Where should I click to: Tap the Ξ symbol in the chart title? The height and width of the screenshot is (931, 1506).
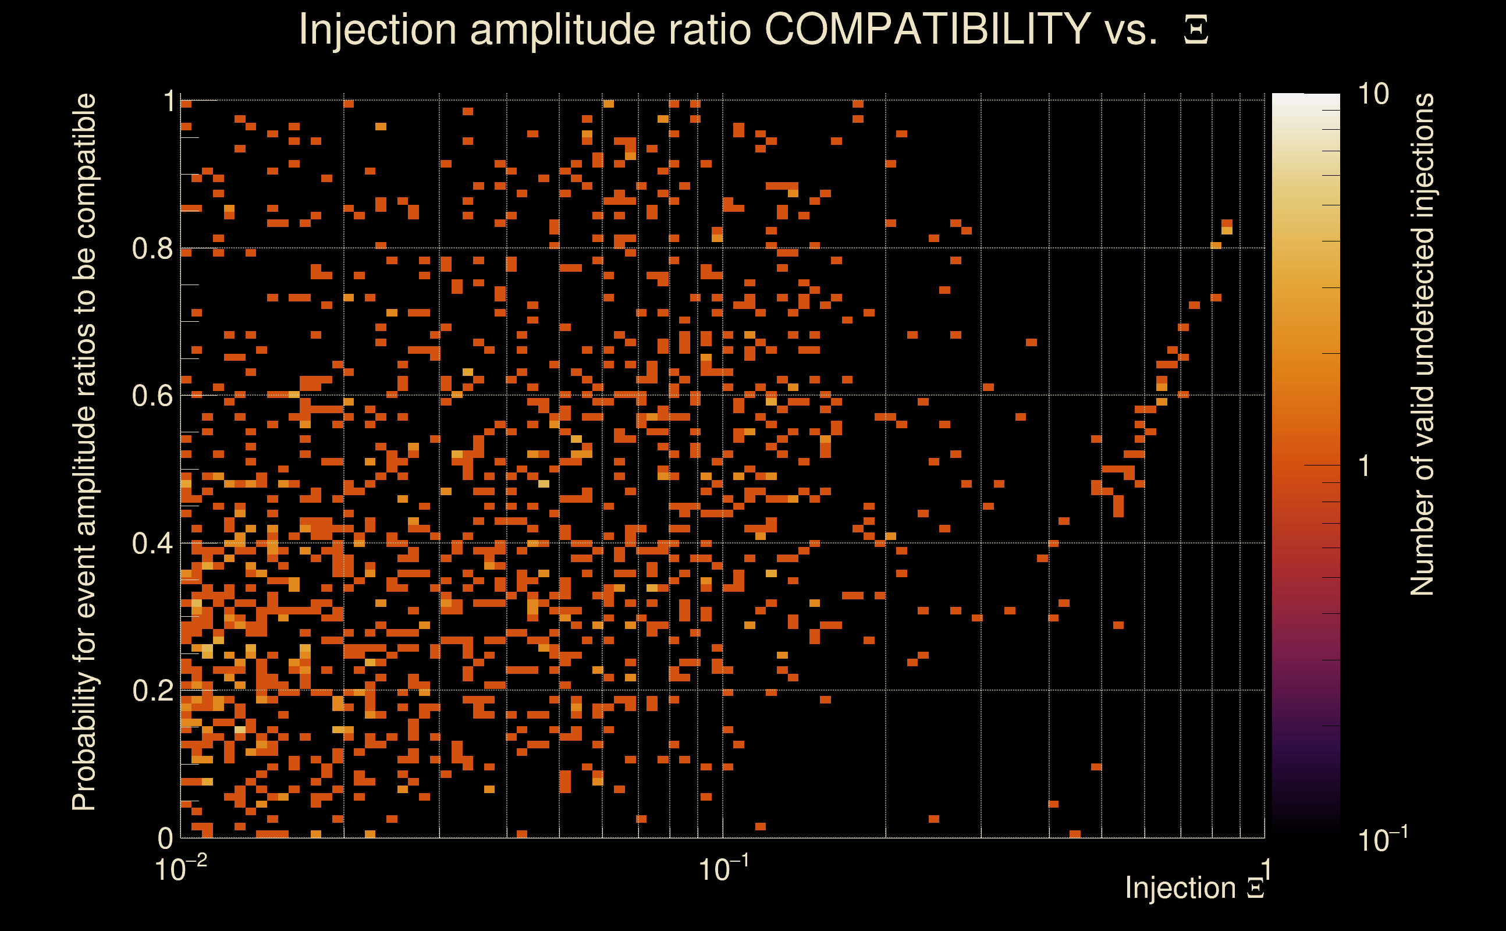[1196, 30]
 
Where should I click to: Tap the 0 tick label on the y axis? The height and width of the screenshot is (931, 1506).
[165, 838]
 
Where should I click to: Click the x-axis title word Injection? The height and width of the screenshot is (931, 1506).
[1180, 888]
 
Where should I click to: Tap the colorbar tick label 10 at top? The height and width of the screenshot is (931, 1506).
[1373, 94]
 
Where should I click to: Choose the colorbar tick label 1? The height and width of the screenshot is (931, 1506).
[1365, 466]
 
